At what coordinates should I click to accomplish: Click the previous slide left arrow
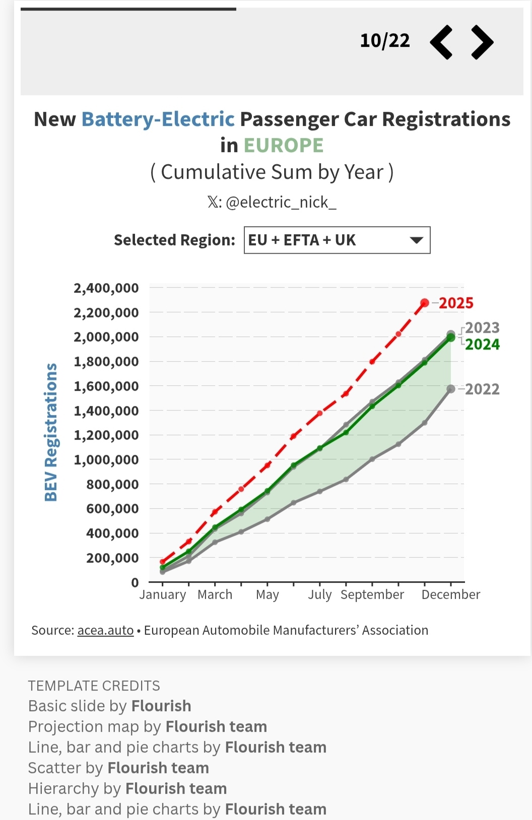[x=441, y=42]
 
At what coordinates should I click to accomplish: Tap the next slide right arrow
[x=482, y=42]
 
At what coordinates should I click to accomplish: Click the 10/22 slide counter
[x=385, y=41]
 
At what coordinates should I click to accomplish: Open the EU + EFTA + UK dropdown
[x=337, y=240]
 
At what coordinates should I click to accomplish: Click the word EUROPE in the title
[x=284, y=146]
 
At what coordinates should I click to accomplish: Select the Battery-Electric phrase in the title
[x=158, y=119]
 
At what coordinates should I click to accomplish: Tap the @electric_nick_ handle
[x=281, y=202]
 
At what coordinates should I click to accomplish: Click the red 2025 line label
[x=456, y=303]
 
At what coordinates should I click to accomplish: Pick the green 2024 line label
[x=482, y=345]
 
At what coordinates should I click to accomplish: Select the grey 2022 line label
[x=482, y=389]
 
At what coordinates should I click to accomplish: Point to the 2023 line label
[x=482, y=328]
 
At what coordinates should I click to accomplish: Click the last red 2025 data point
[x=425, y=303]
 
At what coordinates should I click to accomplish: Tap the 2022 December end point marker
[x=451, y=389]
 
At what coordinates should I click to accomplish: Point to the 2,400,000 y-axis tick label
[x=106, y=289]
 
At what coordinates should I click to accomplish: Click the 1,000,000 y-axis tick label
[x=106, y=460]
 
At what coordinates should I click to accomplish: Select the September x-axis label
[x=372, y=595]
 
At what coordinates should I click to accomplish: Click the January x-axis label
[x=163, y=595]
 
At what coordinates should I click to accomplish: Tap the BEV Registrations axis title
[x=51, y=432]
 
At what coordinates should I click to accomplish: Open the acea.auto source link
[x=105, y=631]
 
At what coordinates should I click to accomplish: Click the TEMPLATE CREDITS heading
[x=94, y=686]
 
